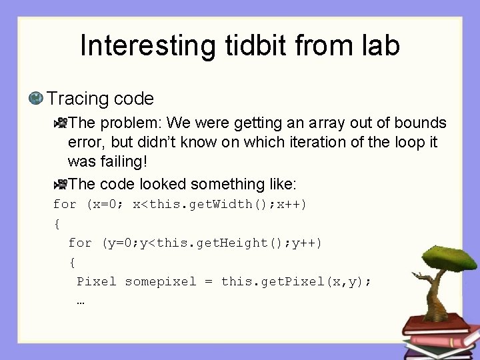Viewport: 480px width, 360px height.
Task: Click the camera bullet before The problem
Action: click(61, 123)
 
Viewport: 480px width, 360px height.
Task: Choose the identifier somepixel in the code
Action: click(161, 281)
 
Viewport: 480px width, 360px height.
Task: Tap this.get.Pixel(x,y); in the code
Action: click(296, 281)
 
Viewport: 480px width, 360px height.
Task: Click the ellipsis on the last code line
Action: click(81, 301)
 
